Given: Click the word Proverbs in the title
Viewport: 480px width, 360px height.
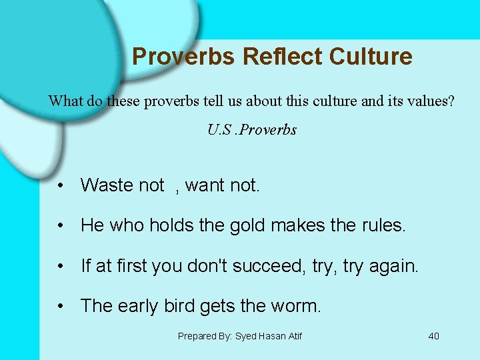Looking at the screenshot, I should (184, 57).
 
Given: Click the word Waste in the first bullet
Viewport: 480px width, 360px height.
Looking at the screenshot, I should (105, 185).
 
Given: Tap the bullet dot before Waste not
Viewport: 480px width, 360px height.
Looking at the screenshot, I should (61, 186).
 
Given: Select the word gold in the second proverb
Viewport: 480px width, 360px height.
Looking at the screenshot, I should (247, 225).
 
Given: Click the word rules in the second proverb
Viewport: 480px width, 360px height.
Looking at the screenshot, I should (383, 225).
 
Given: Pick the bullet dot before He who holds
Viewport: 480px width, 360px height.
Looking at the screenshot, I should (61, 226).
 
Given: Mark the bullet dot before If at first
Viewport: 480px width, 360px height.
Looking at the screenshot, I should (61, 267).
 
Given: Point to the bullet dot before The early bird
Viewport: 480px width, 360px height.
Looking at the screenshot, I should (61, 307).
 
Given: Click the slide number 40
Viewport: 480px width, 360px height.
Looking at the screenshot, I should (433, 336).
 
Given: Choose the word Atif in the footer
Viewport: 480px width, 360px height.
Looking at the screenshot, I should (293, 336).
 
